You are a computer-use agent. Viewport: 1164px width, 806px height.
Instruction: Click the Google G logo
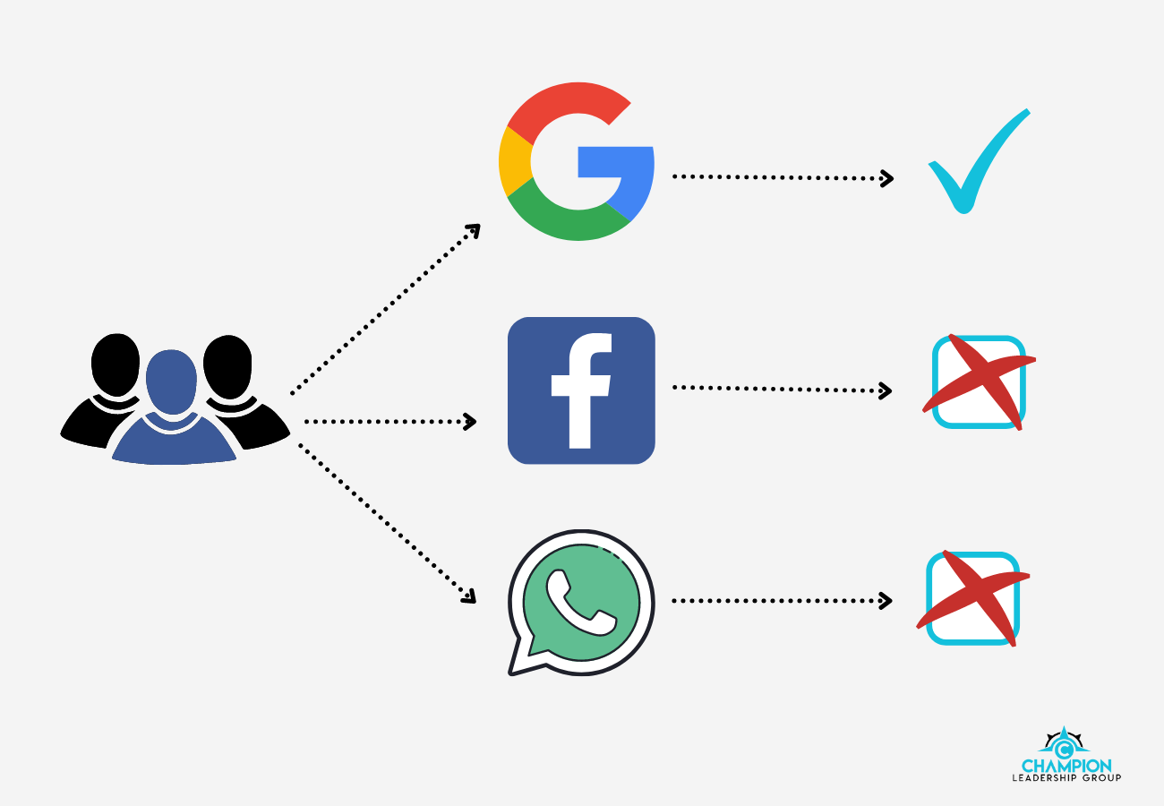[577, 162]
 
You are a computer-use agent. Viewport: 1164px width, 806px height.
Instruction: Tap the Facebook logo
[581, 390]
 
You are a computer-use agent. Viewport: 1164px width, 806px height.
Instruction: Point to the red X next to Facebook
[978, 382]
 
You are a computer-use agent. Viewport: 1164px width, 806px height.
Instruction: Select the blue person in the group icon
[173, 412]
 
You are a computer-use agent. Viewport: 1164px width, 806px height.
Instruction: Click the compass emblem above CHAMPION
[1064, 744]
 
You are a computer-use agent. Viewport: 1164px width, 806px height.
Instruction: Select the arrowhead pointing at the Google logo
[475, 230]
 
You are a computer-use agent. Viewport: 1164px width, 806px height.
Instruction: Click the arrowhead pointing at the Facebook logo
[469, 422]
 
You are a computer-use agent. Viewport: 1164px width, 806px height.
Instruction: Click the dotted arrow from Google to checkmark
[779, 177]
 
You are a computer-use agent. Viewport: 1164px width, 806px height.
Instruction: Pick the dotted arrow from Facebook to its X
[779, 389]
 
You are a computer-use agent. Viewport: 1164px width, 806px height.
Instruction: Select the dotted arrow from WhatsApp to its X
[779, 600]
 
